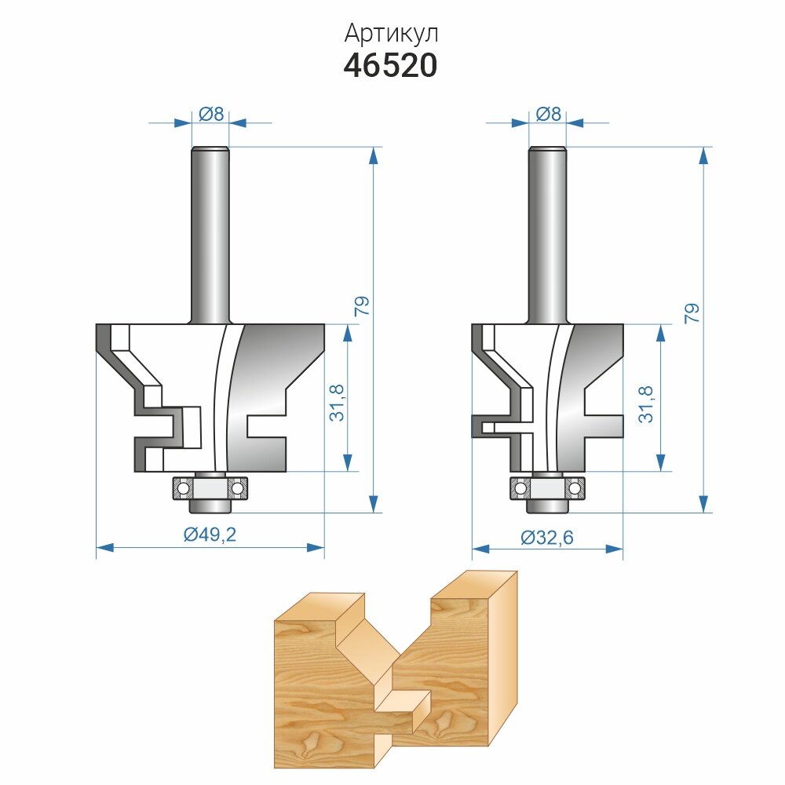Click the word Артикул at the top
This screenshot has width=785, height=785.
[391, 34]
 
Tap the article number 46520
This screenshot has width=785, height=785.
[390, 66]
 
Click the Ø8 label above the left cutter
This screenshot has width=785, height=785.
[210, 114]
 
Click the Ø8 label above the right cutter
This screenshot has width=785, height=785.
[548, 114]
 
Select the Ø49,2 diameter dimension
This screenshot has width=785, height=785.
[210, 535]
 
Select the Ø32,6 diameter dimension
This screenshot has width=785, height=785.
[547, 538]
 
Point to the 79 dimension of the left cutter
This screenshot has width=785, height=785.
[362, 305]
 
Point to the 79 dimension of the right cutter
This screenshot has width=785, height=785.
[692, 313]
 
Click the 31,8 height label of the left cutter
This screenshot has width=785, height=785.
[337, 403]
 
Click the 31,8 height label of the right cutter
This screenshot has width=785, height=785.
[646, 404]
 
